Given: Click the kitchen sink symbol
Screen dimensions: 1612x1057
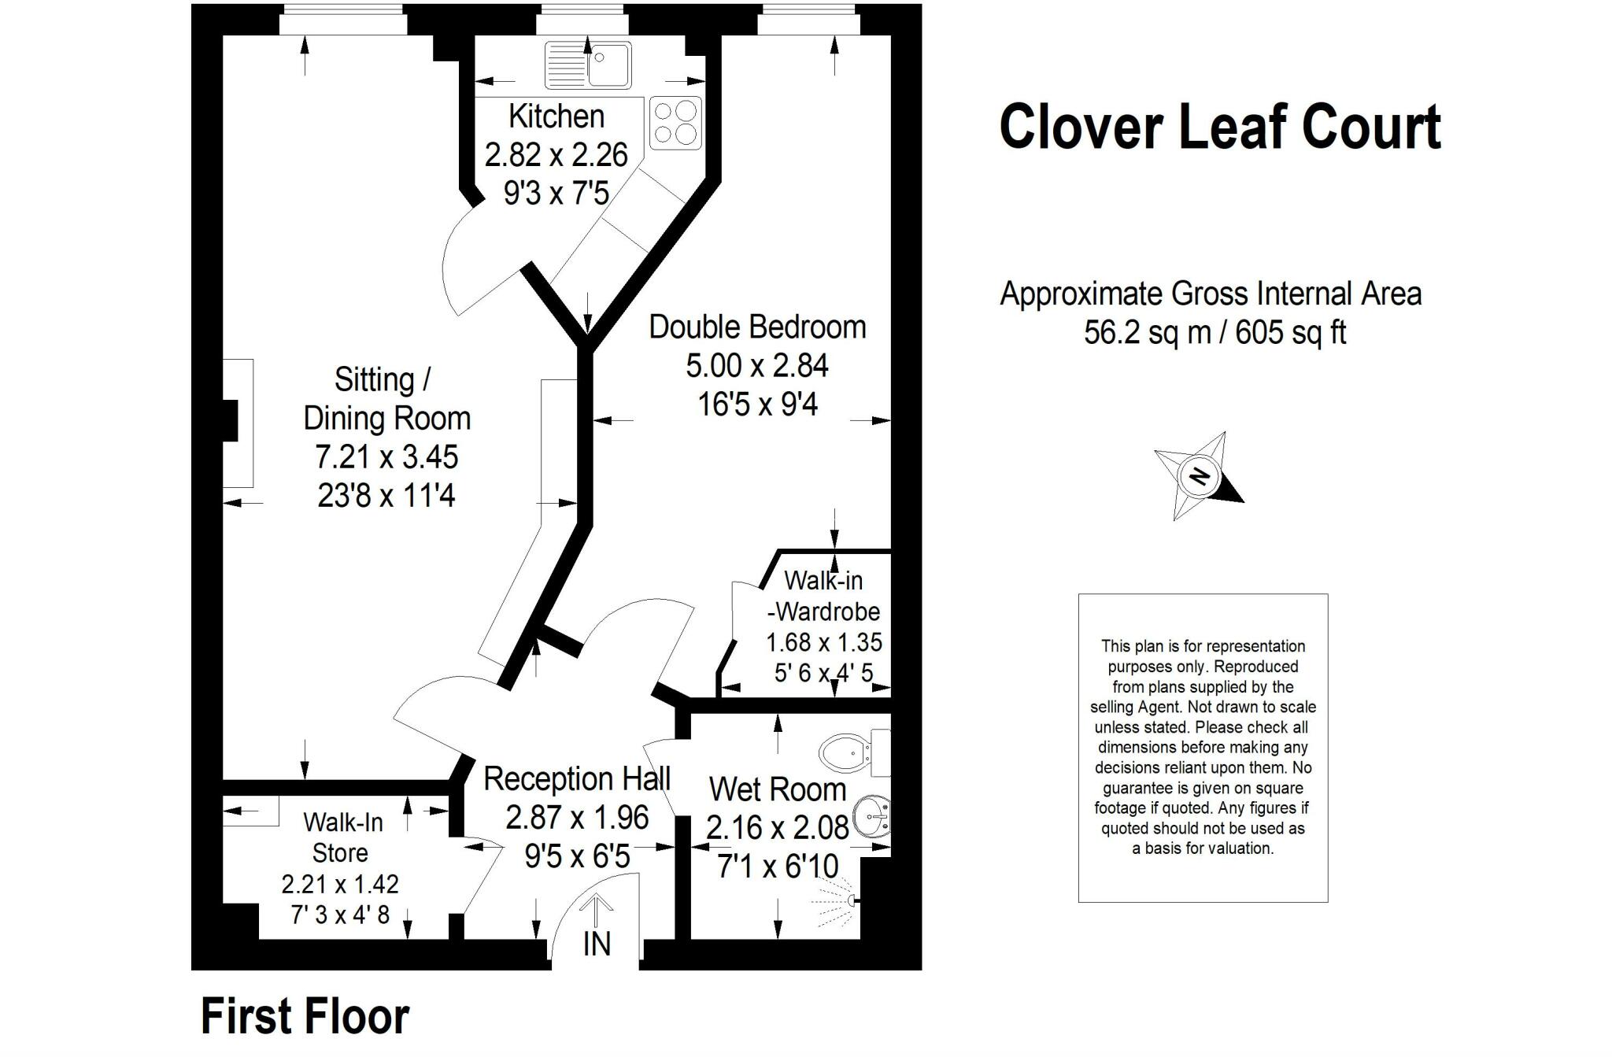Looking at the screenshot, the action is (x=588, y=65).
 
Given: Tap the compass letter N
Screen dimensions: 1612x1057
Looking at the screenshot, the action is (x=1199, y=476).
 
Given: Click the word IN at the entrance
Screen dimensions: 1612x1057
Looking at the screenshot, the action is (x=597, y=944).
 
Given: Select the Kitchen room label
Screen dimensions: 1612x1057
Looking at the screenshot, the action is (x=556, y=116).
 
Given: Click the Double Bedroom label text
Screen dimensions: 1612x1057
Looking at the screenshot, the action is (x=757, y=327).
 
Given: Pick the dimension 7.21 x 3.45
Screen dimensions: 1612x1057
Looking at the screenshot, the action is (x=386, y=456).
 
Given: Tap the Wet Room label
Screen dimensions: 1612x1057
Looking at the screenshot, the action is (x=777, y=789).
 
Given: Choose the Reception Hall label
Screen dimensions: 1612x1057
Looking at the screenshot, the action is (x=577, y=779).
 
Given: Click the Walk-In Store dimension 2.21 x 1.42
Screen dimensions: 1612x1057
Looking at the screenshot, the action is (x=340, y=884).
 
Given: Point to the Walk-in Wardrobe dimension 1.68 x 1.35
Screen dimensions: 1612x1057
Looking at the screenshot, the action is (x=824, y=642).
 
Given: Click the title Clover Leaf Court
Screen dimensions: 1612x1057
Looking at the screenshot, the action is (x=1220, y=126).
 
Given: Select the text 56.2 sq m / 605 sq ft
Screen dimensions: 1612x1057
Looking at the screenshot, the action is (x=1215, y=332).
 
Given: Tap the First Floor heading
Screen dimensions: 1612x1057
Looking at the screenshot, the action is (x=305, y=1016).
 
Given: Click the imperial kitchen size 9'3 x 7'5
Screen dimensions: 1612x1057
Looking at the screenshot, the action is (x=556, y=193).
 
